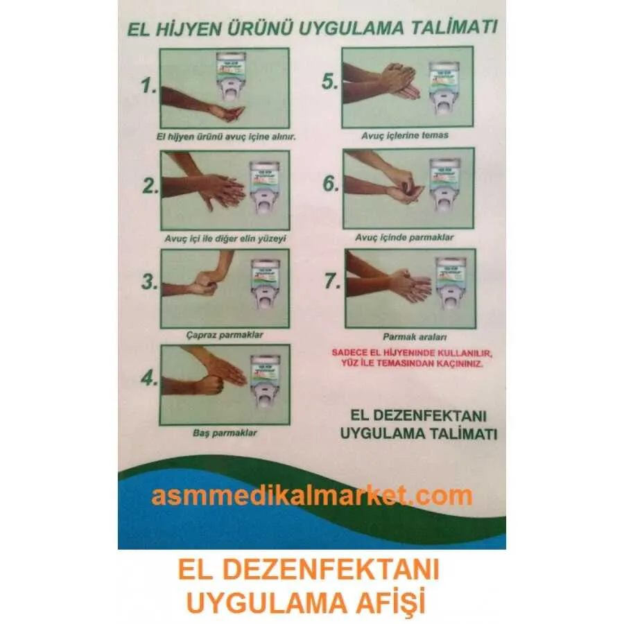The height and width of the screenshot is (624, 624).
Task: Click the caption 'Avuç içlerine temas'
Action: pyautogui.click(x=404, y=135)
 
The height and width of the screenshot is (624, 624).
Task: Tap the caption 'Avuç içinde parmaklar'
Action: pyautogui.click(x=404, y=237)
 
